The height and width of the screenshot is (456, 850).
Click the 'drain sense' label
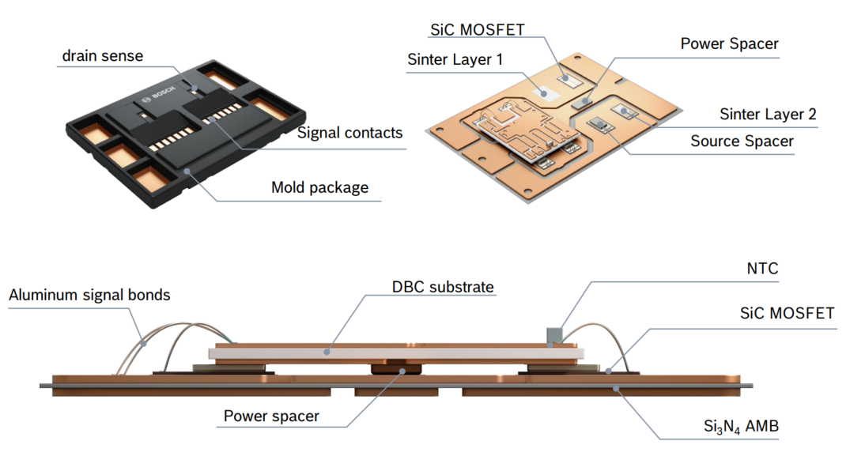pyautogui.click(x=103, y=56)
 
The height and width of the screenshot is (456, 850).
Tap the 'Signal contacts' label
pyautogui.click(x=349, y=133)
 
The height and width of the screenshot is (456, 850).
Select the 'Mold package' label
pyautogui.click(x=319, y=187)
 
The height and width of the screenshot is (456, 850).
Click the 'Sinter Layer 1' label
pyautogui.click(x=455, y=59)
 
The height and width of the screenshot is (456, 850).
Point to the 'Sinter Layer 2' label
pyautogui.click(x=768, y=115)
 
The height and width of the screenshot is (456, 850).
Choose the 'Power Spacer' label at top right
pyautogui.click(x=729, y=43)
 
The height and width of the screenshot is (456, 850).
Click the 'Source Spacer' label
pyautogui.click(x=742, y=141)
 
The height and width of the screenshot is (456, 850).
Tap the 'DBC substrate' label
pyautogui.click(x=443, y=286)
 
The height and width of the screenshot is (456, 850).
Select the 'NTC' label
pyautogui.click(x=762, y=269)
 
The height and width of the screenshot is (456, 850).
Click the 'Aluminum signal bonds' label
pyautogui.click(x=89, y=296)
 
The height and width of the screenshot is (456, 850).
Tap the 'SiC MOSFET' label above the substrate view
pyautogui.click(x=477, y=30)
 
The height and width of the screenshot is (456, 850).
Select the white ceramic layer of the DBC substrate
pyautogui.click(x=395, y=353)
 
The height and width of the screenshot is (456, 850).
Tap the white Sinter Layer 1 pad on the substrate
pyautogui.click(x=542, y=92)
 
